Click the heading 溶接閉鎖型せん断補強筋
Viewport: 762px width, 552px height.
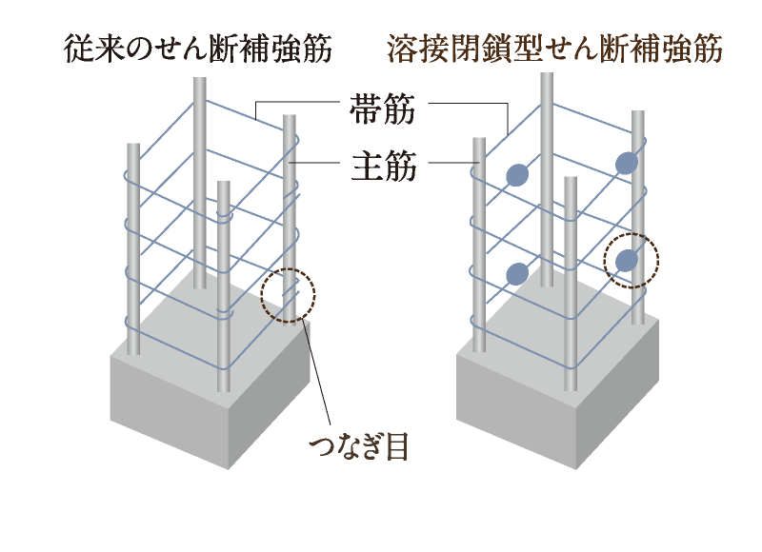pos(554,49)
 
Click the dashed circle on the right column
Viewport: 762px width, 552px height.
pos(632,260)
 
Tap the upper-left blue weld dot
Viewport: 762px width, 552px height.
pos(516,174)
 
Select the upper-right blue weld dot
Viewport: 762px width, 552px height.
pos(626,164)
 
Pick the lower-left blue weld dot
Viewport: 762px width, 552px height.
pos(516,274)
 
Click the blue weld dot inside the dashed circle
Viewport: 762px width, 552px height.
pos(627,261)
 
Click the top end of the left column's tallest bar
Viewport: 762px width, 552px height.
pos(199,82)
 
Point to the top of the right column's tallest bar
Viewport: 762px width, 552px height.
pos(547,76)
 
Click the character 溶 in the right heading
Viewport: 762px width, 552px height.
pos(401,49)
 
